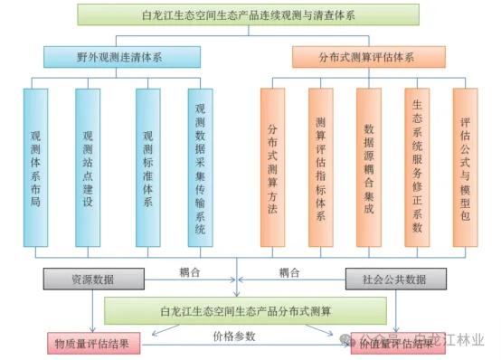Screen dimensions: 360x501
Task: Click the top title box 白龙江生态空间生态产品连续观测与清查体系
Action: pyautogui.click(x=248, y=14)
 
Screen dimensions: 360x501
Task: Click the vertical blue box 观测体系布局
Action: pyautogui.click(x=35, y=167)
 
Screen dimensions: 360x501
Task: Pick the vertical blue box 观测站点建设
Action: pyautogui.click(x=88, y=167)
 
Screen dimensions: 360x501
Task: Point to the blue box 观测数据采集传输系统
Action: pyautogui.click(x=200, y=167)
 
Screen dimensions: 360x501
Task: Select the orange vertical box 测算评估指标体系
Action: pyautogui.click(x=320, y=167)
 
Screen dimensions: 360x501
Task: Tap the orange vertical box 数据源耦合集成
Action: pyautogui.click(x=368, y=167)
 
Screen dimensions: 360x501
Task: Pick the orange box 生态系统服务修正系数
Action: pyautogui.click(x=417, y=167)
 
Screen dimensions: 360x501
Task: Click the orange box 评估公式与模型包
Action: pyautogui.click(x=465, y=167)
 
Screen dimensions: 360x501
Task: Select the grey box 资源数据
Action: pyautogui.click(x=92, y=278)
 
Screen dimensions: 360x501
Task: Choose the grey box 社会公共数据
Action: pyautogui.click(x=395, y=278)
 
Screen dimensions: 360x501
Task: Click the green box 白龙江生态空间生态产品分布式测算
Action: pyautogui.click(x=244, y=311)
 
